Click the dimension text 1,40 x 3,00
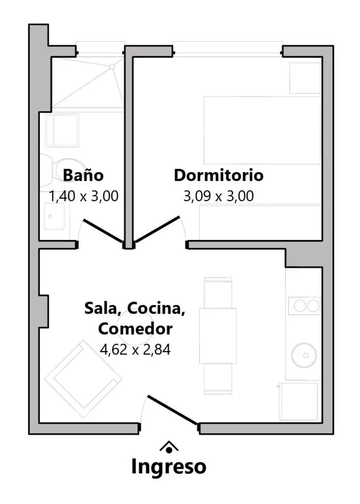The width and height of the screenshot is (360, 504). tap(84, 196)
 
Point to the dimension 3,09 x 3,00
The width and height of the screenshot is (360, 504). tap(219, 196)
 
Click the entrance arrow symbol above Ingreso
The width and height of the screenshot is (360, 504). tap(169, 447)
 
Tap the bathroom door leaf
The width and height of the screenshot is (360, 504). tap(103, 231)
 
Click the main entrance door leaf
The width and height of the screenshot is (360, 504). tap(173, 410)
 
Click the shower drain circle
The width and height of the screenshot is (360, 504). tap(112, 67)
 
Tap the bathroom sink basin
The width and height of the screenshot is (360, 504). tap(54, 216)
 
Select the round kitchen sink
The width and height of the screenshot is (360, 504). tap(304, 355)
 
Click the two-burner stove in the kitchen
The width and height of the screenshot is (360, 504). tap(304, 306)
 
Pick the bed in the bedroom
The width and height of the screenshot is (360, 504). tap(262, 130)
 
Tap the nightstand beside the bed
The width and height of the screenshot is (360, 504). tap(305, 78)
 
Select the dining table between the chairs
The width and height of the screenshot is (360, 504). tap(218, 336)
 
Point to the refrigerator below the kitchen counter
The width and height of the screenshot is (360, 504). tap(298, 401)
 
